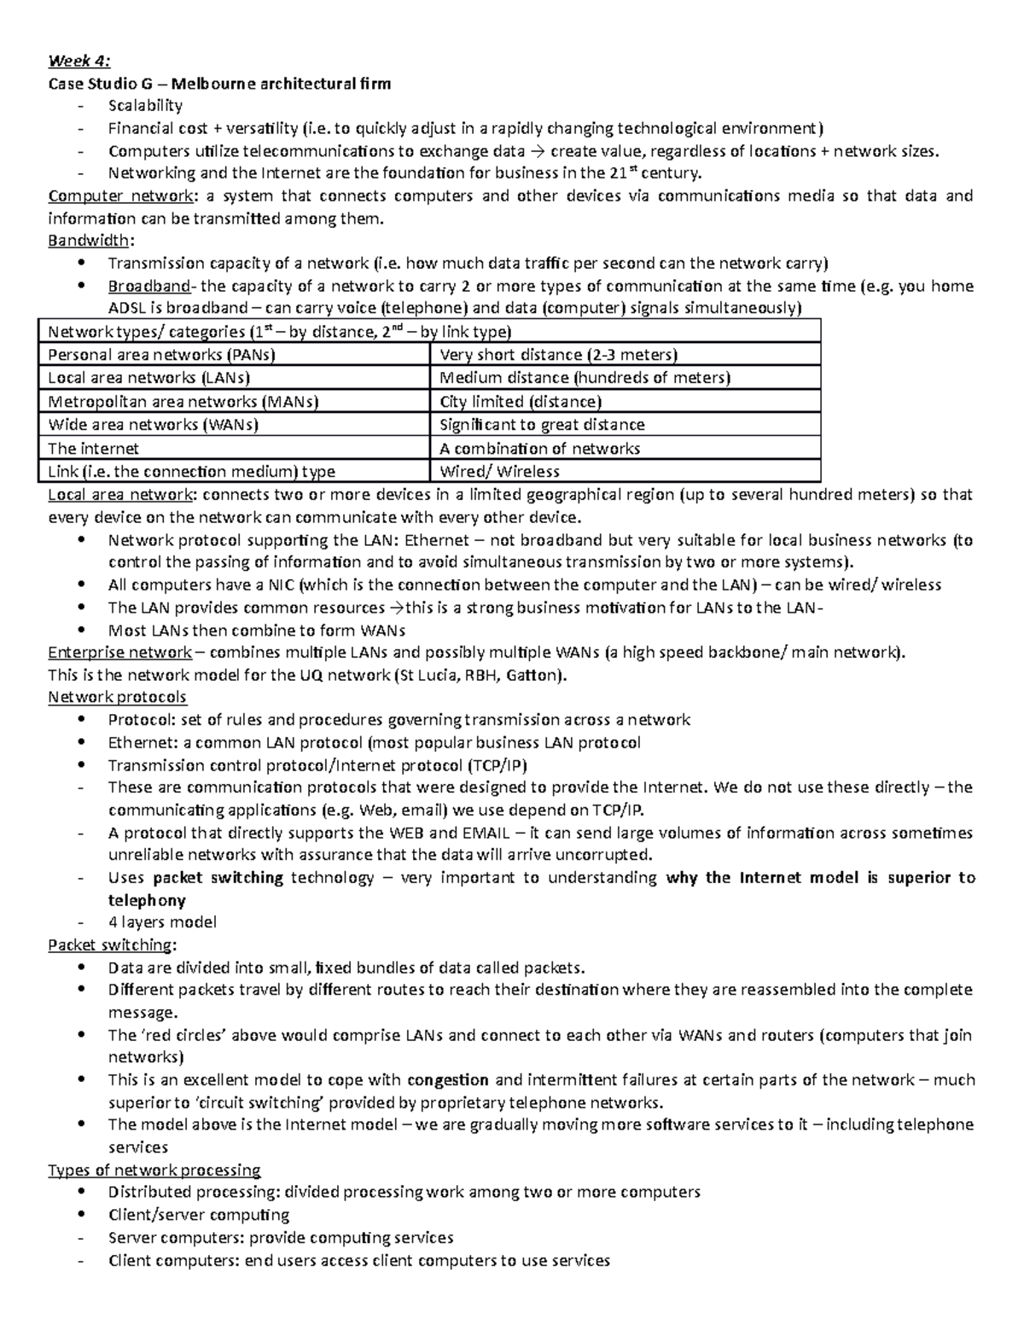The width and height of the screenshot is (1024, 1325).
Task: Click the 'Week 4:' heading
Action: pos(79,61)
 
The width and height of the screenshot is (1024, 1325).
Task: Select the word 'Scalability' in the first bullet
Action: pos(145,106)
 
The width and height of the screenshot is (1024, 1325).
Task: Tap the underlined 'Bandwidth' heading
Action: pos(89,241)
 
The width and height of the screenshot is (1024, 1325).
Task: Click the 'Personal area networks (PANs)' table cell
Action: pos(161,355)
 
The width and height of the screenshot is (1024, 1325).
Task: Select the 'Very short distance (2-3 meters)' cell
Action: pos(558,355)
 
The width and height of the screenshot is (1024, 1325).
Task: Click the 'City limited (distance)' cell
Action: pos(520,401)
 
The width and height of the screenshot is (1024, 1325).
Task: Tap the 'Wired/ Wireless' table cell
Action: pos(499,471)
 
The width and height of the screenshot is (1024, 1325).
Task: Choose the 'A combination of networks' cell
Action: pos(539,448)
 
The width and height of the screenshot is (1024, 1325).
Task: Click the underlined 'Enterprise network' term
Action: pos(119,653)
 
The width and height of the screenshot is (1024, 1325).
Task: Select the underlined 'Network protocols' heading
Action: pos(117,697)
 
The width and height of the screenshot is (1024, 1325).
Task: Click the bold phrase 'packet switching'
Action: pos(218,878)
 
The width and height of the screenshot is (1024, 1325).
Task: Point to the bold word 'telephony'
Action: pos(147,900)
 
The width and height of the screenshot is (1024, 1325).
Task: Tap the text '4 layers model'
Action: pos(162,922)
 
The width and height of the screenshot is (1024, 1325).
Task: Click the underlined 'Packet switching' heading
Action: pos(110,945)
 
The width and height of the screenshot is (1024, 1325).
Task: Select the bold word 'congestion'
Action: pos(448,1080)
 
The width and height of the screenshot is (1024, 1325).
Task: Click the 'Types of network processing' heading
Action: pos(154,1170)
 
